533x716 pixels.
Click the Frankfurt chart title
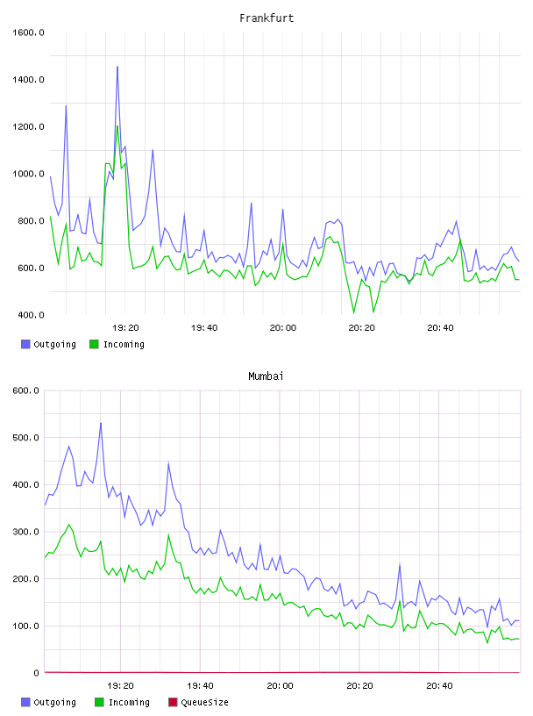click(266, 18)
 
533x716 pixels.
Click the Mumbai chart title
click(266, 376)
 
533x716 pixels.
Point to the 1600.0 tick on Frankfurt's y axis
click(28, 32)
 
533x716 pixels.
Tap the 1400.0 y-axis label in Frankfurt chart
click(28, 80)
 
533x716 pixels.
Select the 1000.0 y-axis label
click(28, 174)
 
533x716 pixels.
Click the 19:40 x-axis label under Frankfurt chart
click(204, 328)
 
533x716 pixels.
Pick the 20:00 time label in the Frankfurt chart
click(283, 328)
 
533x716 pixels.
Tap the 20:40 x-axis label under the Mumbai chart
click(439, 686)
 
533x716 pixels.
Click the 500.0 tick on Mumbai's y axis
click(26, 438)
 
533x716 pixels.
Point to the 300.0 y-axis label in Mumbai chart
click(26, 532)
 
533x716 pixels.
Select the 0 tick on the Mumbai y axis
click(37, 673)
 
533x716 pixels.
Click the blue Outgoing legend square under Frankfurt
click(25, 344)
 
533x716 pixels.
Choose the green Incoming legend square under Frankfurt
click(94, 344)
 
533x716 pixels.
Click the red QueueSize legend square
click(173, 702)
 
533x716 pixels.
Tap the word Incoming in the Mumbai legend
click(129, 702)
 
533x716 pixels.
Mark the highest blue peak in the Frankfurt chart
click(117, 67)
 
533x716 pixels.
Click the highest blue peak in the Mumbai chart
click(101, 423)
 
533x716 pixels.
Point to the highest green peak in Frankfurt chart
click(117, 126)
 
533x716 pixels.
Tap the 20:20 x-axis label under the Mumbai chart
click(359, 686)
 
